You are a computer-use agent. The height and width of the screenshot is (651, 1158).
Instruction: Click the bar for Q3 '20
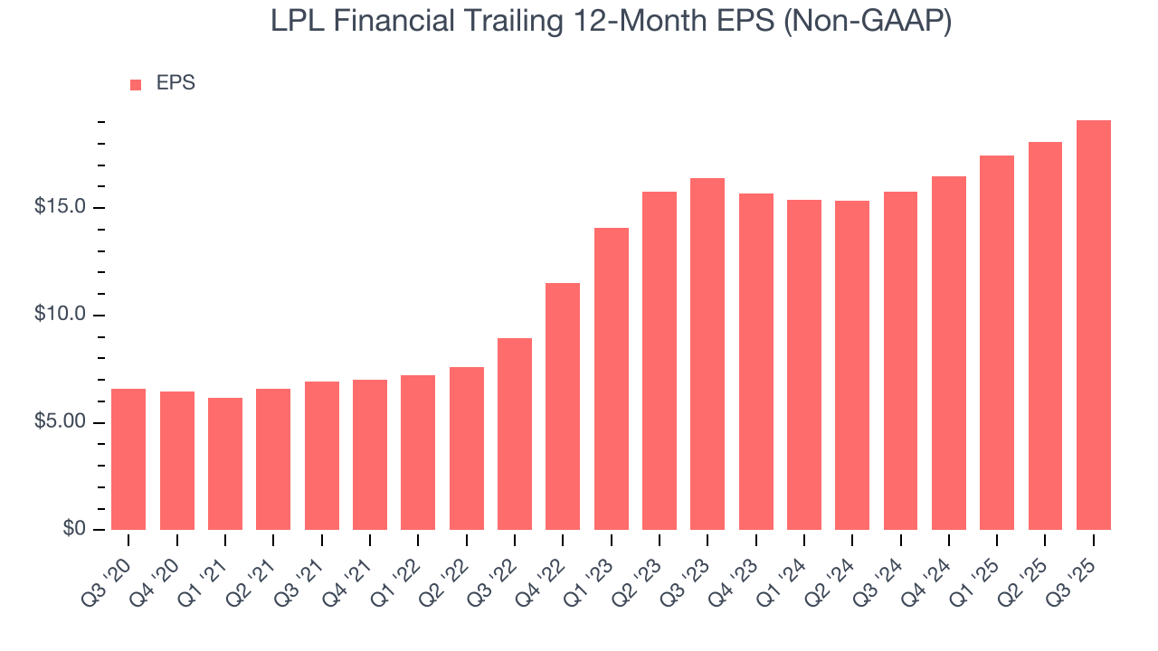click(x=128, y=459)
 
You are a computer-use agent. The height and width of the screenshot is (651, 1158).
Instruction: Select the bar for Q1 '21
click(x=225, y=464)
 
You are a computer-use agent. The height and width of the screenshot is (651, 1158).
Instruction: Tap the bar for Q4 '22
click(x=563, y=406)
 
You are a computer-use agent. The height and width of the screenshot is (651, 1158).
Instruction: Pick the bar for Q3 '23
click(x=707, y=354)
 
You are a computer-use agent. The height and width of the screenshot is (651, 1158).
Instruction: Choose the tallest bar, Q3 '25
click(x=1094, y=325)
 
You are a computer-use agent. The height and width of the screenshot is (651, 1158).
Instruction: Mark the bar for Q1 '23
click(x=612, y=379)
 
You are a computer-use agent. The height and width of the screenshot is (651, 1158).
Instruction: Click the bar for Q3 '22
click(x=515, y=434)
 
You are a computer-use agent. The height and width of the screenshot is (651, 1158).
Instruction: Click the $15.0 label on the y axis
click(x=60, y=208)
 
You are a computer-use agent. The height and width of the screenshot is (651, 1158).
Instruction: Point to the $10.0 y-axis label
click(x=60, y=316)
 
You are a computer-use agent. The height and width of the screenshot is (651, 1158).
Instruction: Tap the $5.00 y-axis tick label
click(x=60, y=423)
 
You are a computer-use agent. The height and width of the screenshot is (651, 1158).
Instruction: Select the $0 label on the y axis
click(x=74, y=530)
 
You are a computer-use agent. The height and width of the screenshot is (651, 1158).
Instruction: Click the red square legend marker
click(x=136, y=84)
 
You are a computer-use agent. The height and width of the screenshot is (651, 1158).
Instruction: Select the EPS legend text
click(x=176, y=83)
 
